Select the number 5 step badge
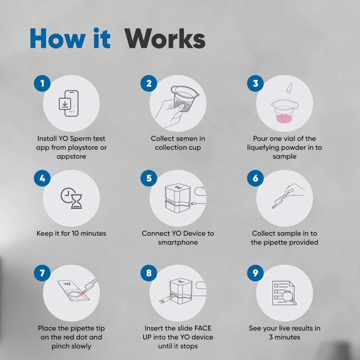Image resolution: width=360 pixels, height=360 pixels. [x=149, y=178]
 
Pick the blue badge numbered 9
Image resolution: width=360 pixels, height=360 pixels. [x=256, y=273]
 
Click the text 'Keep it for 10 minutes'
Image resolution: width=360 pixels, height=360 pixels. [x=71, y=234]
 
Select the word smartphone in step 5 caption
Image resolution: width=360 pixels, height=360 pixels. [x=178, y=242]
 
